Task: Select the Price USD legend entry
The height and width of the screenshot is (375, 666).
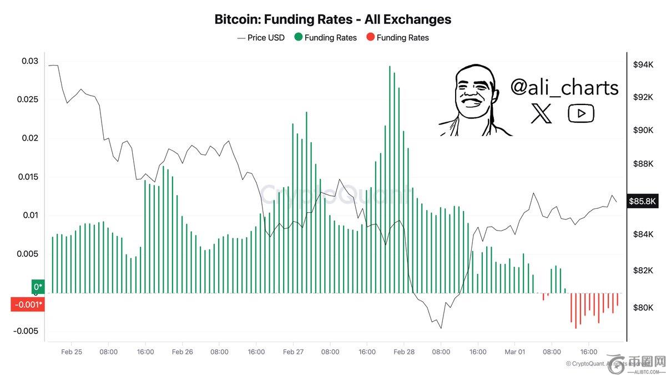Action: (260, 38)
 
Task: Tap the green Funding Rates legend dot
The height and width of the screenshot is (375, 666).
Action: (298, 38)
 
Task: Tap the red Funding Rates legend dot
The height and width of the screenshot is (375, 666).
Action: (370, 38)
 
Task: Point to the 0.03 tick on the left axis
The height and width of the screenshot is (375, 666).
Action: (31, 61)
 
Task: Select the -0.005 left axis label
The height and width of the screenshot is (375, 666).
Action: (27, 331)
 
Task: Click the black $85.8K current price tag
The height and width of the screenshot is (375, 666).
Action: (643, 202)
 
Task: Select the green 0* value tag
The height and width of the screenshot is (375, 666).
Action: (38, 287)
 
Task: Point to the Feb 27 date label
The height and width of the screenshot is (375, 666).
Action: (293, 352)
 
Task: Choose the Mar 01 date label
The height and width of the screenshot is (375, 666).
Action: (514, 352)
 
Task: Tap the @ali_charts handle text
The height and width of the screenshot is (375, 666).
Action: (564, 87)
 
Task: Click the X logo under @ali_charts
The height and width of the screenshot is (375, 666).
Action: (541, 114)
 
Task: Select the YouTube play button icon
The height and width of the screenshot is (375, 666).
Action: (581, 114)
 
